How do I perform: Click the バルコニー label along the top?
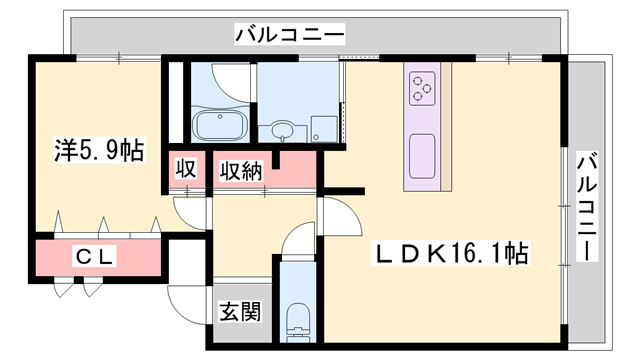(x=290, y=36)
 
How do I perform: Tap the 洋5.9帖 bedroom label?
(x=98, y=152)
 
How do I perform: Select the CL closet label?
(x=97, y=257)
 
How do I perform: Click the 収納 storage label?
(x=242, y=169)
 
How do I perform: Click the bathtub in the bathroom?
(x=219, y=126)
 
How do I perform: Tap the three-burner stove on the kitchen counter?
(x=423, y=89)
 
